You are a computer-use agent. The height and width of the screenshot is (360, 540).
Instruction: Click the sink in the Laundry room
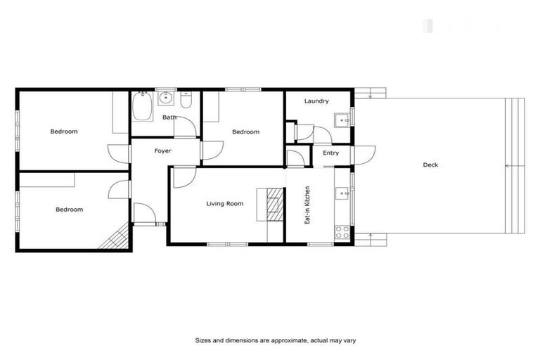point(340,118)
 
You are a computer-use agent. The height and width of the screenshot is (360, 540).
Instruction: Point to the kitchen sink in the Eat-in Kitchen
point(342,192)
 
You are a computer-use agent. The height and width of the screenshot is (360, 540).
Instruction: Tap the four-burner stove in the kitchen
point(342,230)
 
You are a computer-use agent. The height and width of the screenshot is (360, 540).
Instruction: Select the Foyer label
point(163,150)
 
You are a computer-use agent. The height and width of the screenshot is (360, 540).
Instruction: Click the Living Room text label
point(224,204)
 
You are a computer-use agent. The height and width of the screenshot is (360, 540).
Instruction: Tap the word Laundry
point(316,101)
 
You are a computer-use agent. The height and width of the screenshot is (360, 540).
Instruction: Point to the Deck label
point(430,165)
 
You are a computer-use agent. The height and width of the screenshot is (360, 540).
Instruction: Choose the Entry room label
point(330,153)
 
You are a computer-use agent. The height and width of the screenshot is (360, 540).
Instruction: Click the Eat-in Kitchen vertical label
point(307,205)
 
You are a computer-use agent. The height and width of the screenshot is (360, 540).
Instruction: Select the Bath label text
point(169,117)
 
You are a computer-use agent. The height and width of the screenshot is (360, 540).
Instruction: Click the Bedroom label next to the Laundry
point(245,131)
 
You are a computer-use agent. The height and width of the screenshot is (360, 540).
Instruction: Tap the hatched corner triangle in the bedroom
point(117,239)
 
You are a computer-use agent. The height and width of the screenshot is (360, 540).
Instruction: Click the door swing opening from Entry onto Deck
point(366,153)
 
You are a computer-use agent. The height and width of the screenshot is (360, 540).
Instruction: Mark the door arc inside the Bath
point(184,126)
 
